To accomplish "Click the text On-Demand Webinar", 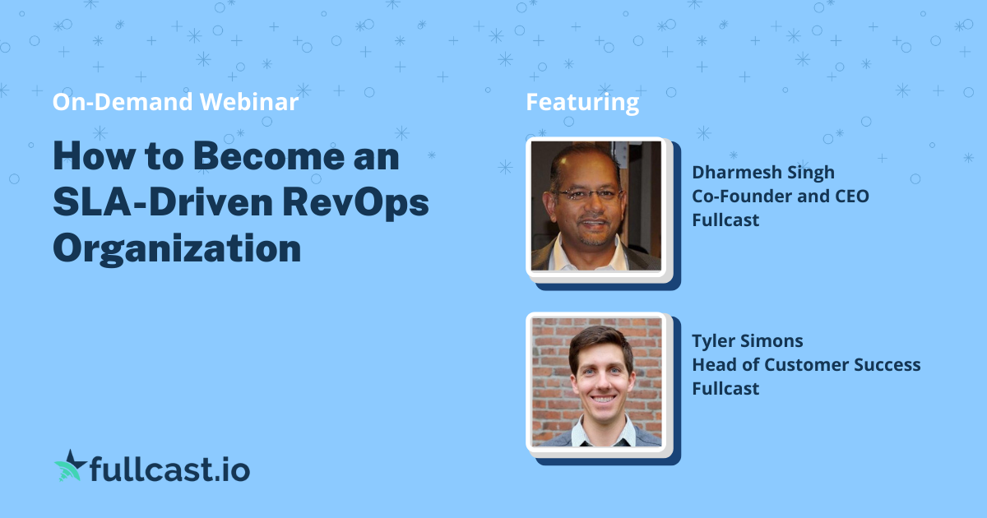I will [175, 102].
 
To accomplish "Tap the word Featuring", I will [582, 102].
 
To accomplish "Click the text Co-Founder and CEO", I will [780, 197].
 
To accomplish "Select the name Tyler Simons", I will [747, 341].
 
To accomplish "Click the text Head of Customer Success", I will [806, 365].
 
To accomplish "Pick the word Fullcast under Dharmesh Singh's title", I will [725, 220].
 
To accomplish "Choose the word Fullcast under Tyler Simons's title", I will [725, 388].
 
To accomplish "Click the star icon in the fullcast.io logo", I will [69, 468].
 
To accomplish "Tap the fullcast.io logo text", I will [169, 470].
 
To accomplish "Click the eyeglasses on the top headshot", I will [588, 196].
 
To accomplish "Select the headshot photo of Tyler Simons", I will [596, 382].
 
